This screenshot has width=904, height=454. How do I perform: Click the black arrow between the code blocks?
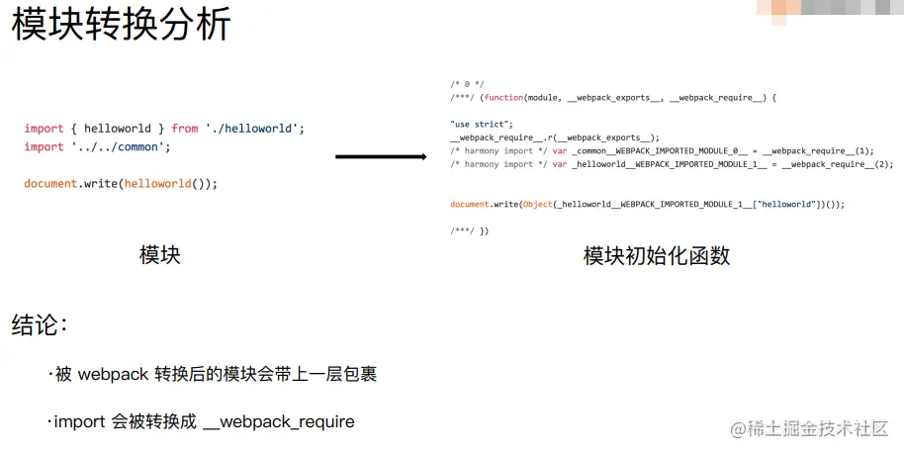point(381,156)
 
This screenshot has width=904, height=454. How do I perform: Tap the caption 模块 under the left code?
point(160,255)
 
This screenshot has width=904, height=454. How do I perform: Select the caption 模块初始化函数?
point(657,256)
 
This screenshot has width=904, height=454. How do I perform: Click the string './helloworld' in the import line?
point(253,129)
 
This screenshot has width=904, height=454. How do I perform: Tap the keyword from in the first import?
point(184,129)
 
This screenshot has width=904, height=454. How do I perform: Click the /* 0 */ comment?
point(467,85)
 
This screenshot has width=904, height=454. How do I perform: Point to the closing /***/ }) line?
point(469,230)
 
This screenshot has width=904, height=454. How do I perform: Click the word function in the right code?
point(503,98)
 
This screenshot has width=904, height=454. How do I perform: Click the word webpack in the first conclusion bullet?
point(113,374)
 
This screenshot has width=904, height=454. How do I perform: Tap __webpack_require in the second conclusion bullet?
point(278,422)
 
